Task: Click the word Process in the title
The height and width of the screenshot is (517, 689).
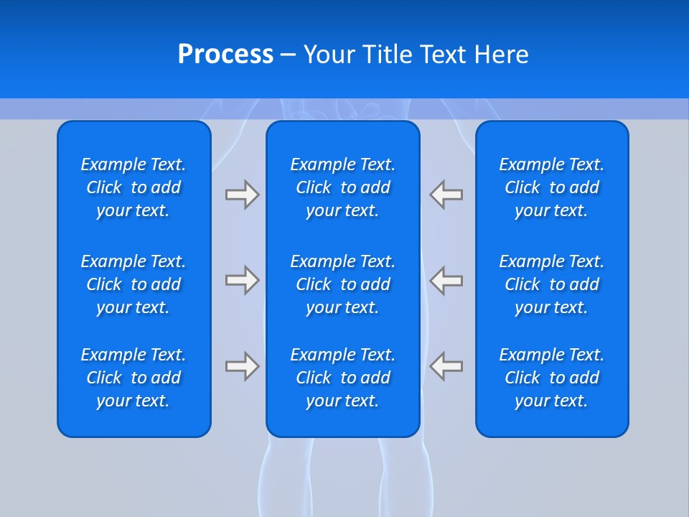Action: click(x=225, y=55)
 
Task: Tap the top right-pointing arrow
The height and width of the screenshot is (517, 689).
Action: click(x=242, y=195)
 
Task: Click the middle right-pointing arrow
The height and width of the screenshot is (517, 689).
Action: click(x=242, y=280)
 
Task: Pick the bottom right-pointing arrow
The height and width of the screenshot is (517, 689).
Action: click(x=242, y=366)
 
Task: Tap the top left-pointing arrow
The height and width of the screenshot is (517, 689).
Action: click(x=446, y=195)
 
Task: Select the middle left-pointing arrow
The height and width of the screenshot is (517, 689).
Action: click(x=446, y=280)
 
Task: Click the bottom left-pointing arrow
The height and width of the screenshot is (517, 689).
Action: click(x=446, y=366)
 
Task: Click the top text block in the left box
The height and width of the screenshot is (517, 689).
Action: click(x=133, y=187)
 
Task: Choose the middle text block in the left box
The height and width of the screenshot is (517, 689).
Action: click(x=133, y=284)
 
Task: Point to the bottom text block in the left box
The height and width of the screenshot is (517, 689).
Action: click(x=133, y=378)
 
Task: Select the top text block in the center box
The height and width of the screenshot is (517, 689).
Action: click(x=342, y=187)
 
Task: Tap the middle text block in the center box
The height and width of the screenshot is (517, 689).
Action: click(x=342, y=284)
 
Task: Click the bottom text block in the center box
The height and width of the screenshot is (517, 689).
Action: click(x=342, y=378)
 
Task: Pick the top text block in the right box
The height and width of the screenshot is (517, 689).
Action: click(x=551, y=187)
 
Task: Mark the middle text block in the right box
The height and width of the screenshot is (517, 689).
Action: click(x=551, y=284)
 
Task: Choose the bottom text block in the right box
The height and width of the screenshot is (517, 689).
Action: click(x=551, y=378)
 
